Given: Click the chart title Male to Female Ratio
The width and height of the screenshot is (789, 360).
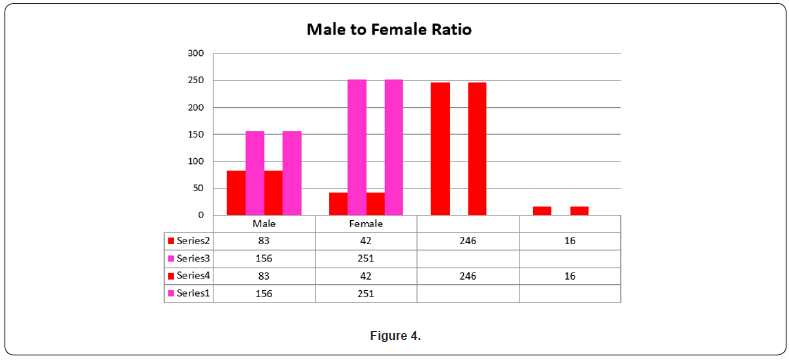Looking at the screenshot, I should pyautogui.click(x=388, y=29).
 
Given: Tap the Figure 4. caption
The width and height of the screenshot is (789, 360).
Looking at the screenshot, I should pyautogui.click(x=394, y=335).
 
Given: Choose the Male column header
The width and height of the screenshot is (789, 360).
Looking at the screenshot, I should pyautogui.click(x=264, y=224).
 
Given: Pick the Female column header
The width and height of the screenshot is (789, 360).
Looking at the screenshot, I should pyautogui.click(x=365, y=224).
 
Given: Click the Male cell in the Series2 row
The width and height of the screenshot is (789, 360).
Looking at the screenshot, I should pyautogui.click(x=264, y=241).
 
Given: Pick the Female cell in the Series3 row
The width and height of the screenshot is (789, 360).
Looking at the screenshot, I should pyautogui.click(x=365, y=258).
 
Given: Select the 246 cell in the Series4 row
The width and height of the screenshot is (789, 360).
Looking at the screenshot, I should pyautogui.click(x=467, y=275).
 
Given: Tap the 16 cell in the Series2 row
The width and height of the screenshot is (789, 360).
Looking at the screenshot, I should pyautogui.click(x=569, y=241).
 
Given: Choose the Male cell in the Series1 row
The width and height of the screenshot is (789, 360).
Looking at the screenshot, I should pyautogui.click(x=264, y=292).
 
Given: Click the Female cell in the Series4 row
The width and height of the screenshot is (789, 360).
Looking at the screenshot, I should pyautogui.click(x=365, y=275).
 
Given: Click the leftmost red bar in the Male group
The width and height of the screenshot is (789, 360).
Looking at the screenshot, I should pyautogui.click(x=236, y=193).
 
